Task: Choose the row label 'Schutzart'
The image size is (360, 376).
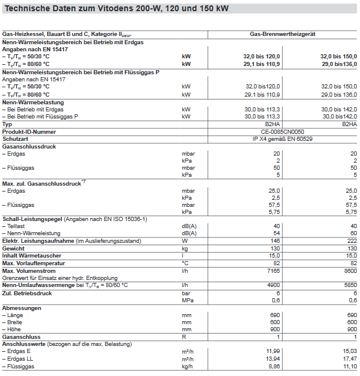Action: click(16, 138)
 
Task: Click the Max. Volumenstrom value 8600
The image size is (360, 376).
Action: click(349, 269)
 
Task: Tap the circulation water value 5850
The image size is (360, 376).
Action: click(349, 285)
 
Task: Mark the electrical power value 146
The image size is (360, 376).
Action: click(275, 241)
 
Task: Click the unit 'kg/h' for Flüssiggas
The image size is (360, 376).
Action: click(187, 366)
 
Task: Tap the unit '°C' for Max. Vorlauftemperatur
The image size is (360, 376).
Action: click(186, 262)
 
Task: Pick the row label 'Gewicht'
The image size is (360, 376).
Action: click(14, 248)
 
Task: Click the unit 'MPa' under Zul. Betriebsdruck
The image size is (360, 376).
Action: click(187, 299)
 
